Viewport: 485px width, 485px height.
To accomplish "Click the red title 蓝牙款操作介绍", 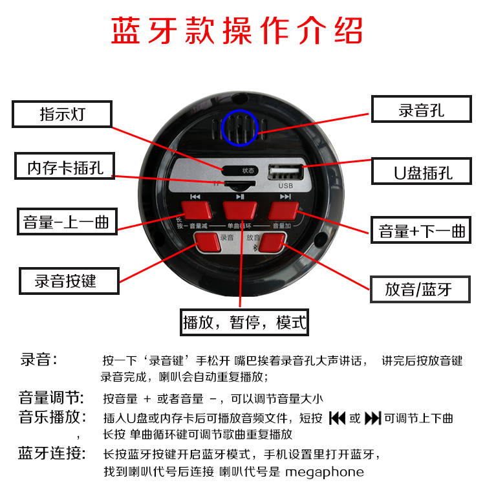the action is tap(237, 31).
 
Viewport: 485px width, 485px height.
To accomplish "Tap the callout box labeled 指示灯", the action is tap(63, 115).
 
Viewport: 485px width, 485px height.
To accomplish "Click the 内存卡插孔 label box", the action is tap(65, 166).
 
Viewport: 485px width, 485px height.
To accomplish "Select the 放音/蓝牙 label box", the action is tap(419, 289).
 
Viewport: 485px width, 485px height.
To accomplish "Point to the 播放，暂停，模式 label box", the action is tap(245, 321).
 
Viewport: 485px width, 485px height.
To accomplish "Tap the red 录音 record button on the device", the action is tap(207, 241).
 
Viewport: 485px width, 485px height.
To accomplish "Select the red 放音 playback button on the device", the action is tap(273, 241).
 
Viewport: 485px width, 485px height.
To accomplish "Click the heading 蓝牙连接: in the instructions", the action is tap(51, 453).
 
